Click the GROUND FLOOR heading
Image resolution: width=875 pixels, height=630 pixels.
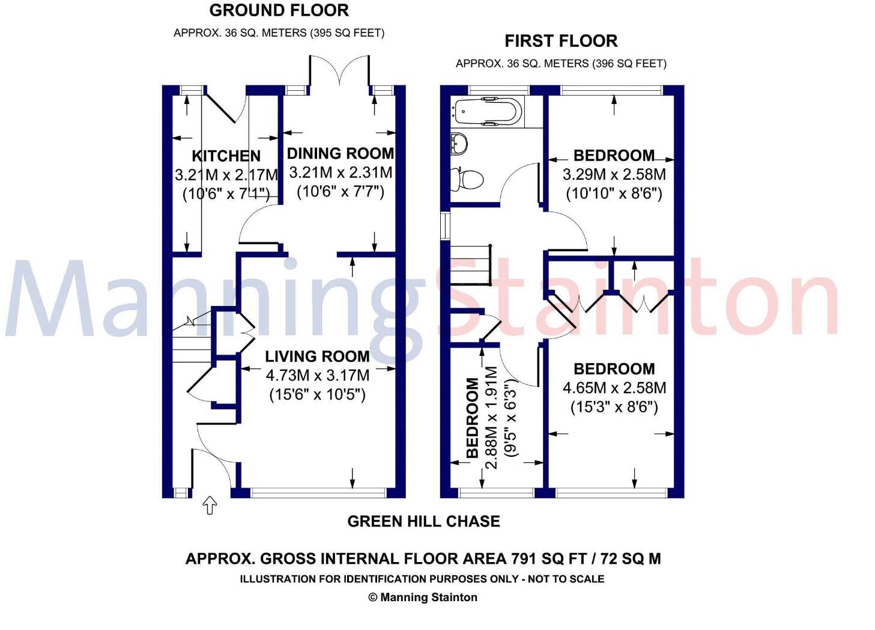279,11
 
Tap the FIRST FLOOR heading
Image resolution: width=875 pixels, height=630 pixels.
560,41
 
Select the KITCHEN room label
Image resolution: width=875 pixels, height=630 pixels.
226,156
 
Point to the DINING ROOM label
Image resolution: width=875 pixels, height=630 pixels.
341,153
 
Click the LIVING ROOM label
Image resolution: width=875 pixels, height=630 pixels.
317,356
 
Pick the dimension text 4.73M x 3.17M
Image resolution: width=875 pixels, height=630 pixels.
317,376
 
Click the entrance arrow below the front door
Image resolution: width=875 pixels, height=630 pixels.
210,506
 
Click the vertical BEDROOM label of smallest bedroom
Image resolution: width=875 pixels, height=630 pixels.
473,417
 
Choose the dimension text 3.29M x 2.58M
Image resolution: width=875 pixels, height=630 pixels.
614,175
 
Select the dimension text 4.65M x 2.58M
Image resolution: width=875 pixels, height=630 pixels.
614,388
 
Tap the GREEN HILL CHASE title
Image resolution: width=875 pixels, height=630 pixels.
423,521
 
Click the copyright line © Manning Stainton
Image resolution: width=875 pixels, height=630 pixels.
422,597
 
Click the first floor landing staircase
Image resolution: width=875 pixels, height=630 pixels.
470,265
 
